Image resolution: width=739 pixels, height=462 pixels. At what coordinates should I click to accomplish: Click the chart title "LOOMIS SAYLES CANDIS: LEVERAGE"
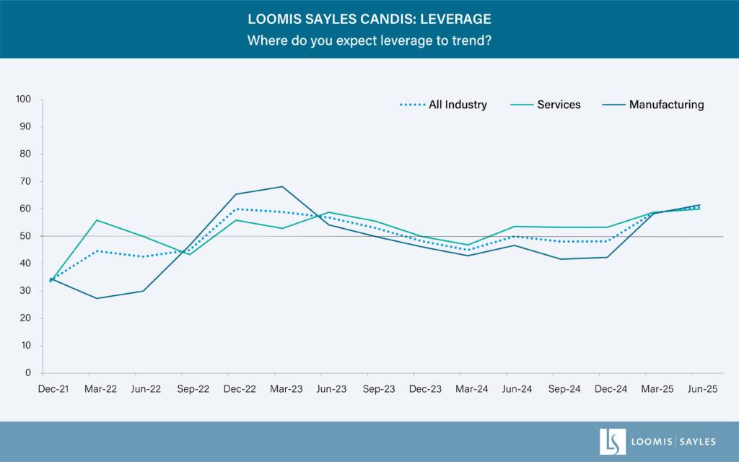click(369, 19)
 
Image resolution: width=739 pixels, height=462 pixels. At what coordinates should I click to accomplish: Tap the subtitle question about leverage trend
click(369, 40)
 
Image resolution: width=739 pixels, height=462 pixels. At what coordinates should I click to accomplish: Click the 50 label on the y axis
click(27, 236)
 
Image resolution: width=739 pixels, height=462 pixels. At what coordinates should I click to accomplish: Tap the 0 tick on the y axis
click(29, 373)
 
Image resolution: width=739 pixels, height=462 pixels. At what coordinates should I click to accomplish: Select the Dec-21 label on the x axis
click(53, 389)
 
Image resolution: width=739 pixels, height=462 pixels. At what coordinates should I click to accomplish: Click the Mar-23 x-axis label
click(286, 389)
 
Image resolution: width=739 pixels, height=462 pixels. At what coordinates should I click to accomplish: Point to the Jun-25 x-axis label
click(692, 389)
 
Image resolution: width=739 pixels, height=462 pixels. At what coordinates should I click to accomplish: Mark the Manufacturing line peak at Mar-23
click(283, 187)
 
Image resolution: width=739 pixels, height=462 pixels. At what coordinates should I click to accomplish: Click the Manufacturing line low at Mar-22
click(97, 298)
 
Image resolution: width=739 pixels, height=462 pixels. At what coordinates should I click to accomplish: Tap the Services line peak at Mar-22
click(97, 220)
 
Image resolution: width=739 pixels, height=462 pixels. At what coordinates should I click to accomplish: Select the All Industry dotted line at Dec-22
click(236, 209)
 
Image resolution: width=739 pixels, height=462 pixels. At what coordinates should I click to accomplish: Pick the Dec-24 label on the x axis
click(611, 389)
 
